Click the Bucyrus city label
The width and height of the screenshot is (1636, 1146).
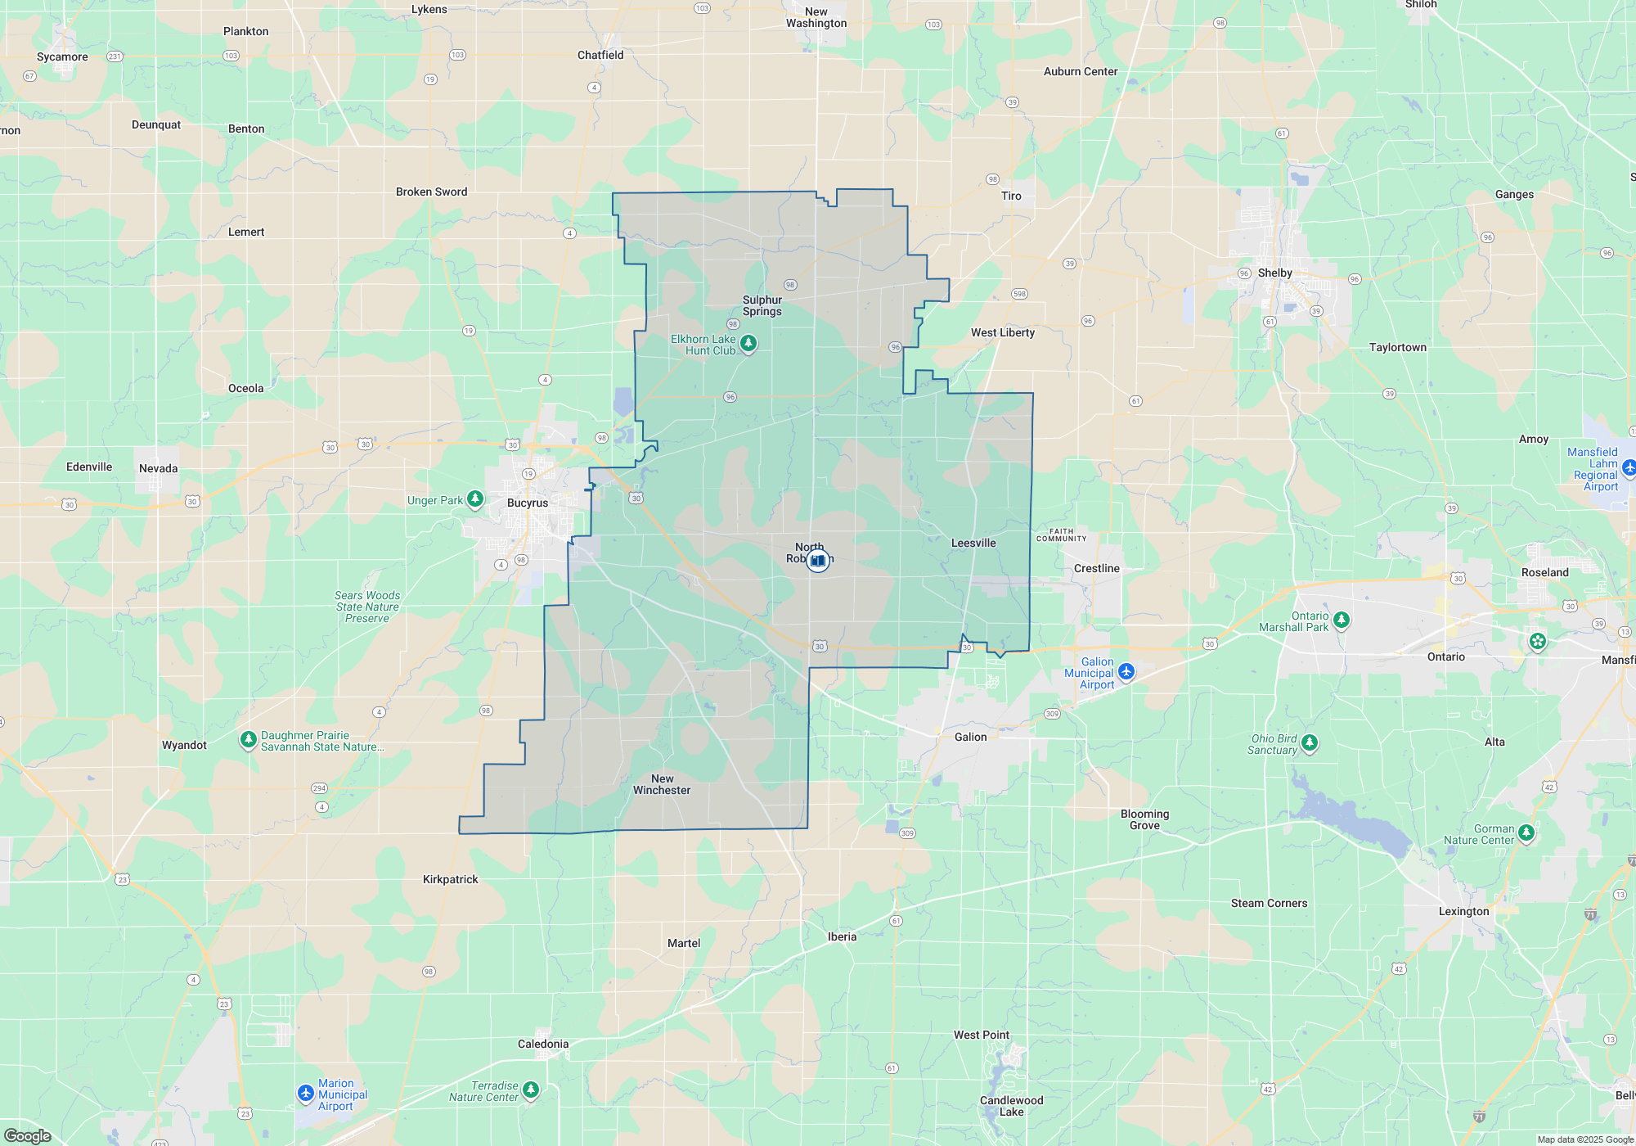click(x=528, y=503)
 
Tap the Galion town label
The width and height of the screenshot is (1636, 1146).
click(x=970, y=737)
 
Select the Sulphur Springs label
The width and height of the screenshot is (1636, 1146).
click(x=762, y=305)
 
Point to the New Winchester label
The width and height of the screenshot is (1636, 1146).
click(x=662, y=784)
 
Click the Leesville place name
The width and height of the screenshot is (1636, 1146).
click(x=973, y=543)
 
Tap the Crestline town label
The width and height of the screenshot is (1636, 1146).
click(x=1096, y=568)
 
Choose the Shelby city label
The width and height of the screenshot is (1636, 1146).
click(x=1274, y=273)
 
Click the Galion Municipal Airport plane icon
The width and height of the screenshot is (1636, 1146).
click(x=1126, y=672)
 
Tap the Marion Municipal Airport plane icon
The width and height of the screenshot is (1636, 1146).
click(x=306, y=1094)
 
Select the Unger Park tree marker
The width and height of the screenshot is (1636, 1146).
click(x=475, y=499)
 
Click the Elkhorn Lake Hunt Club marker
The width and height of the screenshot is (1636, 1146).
click(x=748, y=343)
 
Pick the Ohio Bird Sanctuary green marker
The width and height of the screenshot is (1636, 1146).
click(x=1309, y=742)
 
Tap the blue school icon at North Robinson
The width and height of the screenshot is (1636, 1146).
click(x=817, y=561)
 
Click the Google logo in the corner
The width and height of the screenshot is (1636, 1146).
click(x=28, y=1135)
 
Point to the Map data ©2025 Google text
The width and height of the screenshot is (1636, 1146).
click(x=1584, y=1139)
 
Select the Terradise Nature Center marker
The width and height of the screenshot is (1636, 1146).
click(x=531, y=1089)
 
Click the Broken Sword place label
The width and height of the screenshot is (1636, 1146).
click(x=431, y=192)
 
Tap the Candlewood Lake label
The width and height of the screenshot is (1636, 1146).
click(x=1011, y=1106)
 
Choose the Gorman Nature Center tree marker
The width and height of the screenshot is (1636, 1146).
click(x=1526, y=832)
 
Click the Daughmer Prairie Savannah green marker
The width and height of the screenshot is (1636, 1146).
click(x=248, y=739)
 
